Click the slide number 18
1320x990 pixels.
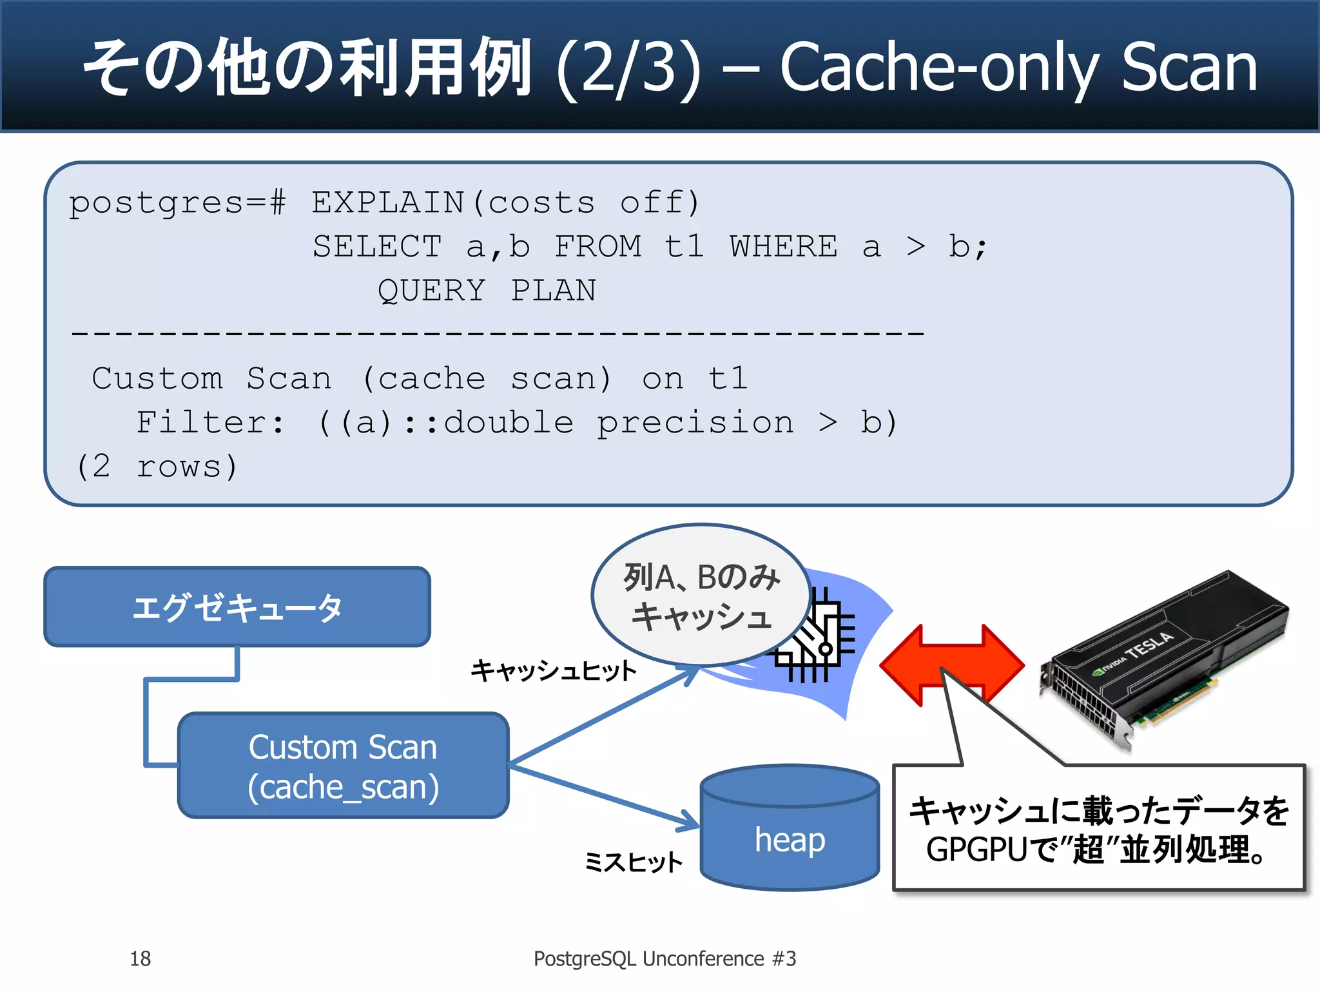(140, 958)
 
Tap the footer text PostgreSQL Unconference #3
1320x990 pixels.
(665, 958)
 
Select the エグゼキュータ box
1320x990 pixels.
(237, 607)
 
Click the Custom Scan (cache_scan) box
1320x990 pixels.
(343, 766)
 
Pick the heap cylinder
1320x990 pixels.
(790, 831)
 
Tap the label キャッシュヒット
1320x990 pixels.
(553, 670)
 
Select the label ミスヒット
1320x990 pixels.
(632, 862)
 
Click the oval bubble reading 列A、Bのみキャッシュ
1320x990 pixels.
(701, 596)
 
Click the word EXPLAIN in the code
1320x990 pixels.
(388, 203)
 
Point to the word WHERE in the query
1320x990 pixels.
(783, 247)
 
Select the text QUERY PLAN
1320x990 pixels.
(487, 291)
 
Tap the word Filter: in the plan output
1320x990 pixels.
(210, 423)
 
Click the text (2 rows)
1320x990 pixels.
(157, 466)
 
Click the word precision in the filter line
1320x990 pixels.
(695, 423)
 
